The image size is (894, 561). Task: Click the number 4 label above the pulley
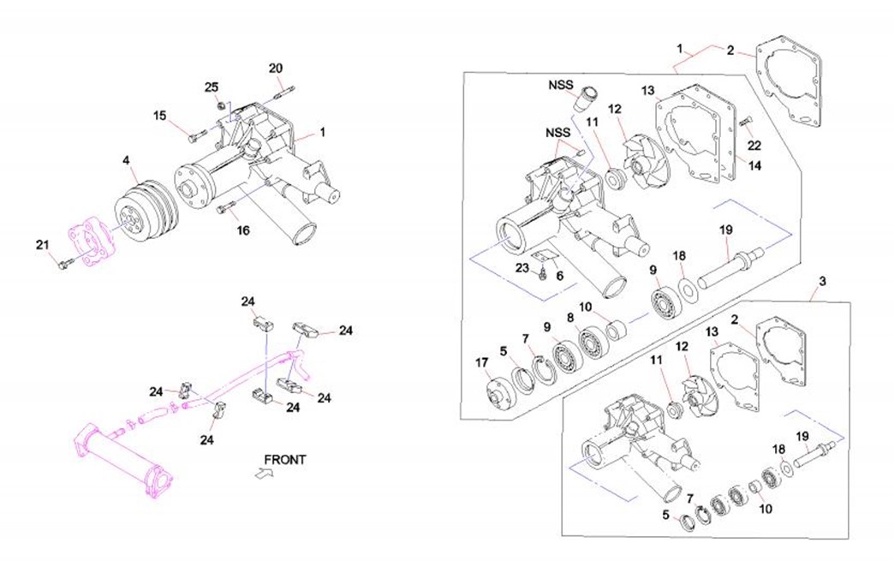pos(126,160)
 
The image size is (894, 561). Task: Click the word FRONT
pos(285,460)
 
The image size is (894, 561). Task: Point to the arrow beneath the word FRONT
pos(264,472)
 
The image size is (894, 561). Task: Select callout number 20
pos(275,69)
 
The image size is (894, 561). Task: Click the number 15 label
pos(160,116)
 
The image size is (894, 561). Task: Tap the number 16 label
pos(243,230)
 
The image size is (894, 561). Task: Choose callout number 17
pos(481,362)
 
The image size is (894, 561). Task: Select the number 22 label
pos(754,146)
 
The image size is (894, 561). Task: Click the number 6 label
pos(559,276)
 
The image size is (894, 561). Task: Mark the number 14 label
pos(754,167)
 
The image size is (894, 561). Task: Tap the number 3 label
pos(823,281)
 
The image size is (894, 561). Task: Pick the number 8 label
pos(569,317)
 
